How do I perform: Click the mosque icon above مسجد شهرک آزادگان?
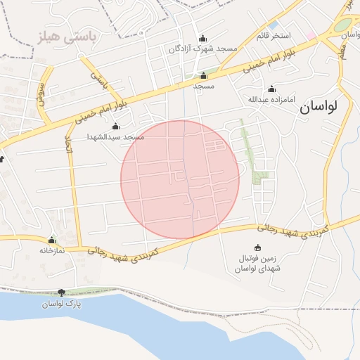pos(203,38)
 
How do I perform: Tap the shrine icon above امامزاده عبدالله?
pos(271,89)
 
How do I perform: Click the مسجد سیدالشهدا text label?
pos(115,137)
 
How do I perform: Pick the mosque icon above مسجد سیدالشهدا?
pos(115,127)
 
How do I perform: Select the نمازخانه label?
pos(51,250)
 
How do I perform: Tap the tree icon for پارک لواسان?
pos(61,292)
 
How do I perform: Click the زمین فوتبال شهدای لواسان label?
pos(257,264)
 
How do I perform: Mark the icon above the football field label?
pos(257,247)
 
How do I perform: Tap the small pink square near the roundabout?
pos(311,34)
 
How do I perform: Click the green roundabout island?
pos(342,25)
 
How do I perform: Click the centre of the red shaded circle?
pos(180,179)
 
